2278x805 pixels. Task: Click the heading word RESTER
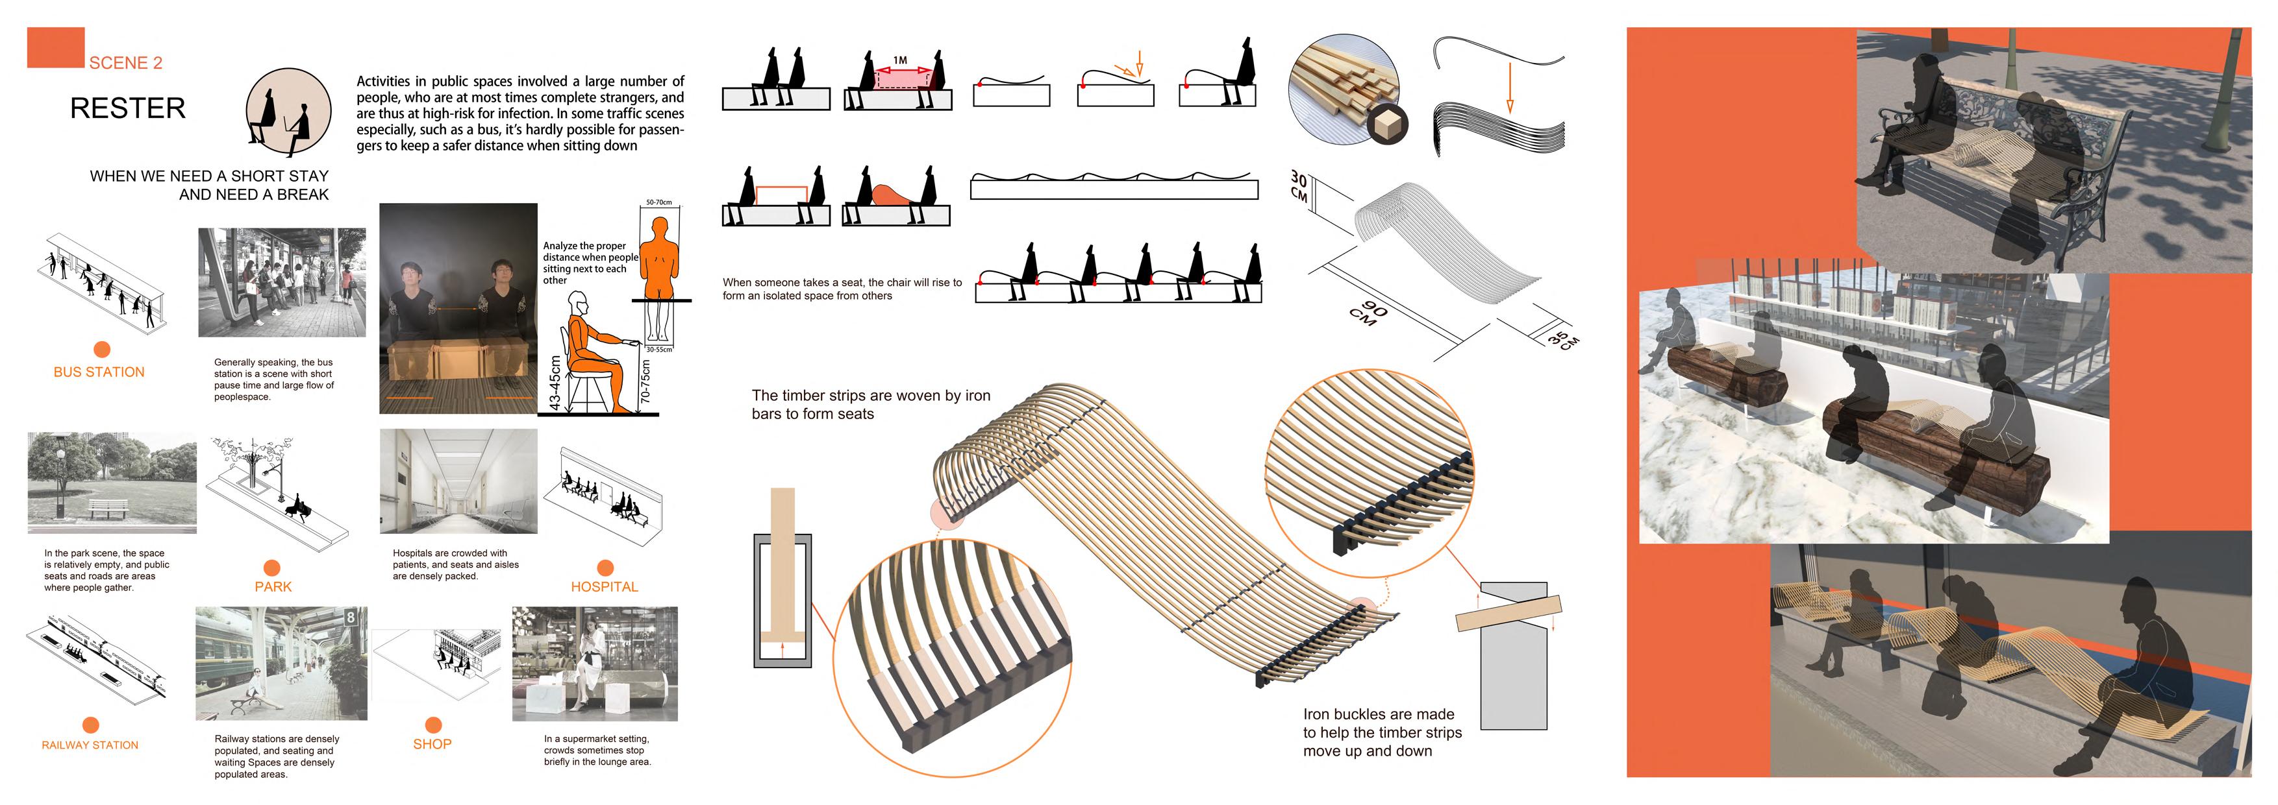pyautogui.click(x=127, y=109)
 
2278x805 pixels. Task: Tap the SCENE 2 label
pyautogui.click(x=125, y=63)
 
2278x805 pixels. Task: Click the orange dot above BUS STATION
pyautogui.click(x=102, y=349)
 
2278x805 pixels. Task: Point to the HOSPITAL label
pyautogui.click(x=604, y=587)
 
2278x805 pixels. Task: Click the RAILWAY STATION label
pyautogui.click(x=90, y=745)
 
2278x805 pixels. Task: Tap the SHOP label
pyautogui.click(x=432, y=744)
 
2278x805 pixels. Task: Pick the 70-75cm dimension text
pyautogui.click(x=645, y=381)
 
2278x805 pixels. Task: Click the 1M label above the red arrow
pyautogui.click(x=900, y=60)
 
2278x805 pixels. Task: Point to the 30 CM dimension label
pyautogui.click(x=1298, y=186)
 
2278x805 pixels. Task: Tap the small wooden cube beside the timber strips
pyautogui.click(x=1386, y=125)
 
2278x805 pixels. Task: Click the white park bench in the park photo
pyautogui.click(x=107, y=510)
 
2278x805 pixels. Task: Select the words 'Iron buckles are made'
pyautogui.click(x=1378, y=714)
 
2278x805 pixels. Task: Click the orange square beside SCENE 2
pyautogui.click(x=56, y=48)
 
